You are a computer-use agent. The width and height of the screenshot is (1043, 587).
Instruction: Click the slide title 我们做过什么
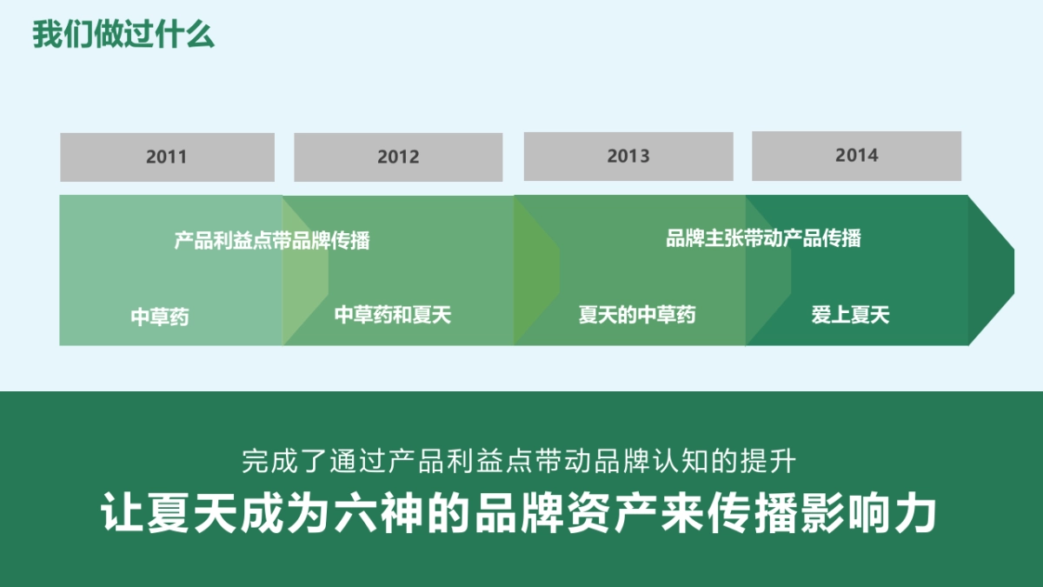tap(123, 36)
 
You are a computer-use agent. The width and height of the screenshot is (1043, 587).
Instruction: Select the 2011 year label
tap(166, 157)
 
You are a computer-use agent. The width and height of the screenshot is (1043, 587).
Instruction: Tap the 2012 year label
tap(398, 157)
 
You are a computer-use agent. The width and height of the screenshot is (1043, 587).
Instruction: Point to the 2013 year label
tap(628, 157)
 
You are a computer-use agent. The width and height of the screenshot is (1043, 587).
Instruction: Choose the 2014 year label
tap(856, 156)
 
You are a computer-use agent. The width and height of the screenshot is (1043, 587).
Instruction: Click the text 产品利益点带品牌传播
tap(272, 241)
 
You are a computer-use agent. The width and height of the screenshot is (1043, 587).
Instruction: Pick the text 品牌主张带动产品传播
tap(763, 238)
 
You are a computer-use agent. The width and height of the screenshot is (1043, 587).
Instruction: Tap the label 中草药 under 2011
tap(160, 317)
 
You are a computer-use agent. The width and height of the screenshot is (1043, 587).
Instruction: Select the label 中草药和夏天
tap(393, 315)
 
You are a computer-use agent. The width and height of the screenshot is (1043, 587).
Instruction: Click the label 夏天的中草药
tap(637, 315)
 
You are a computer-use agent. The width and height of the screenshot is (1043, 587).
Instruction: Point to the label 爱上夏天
tap(850, 315)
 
